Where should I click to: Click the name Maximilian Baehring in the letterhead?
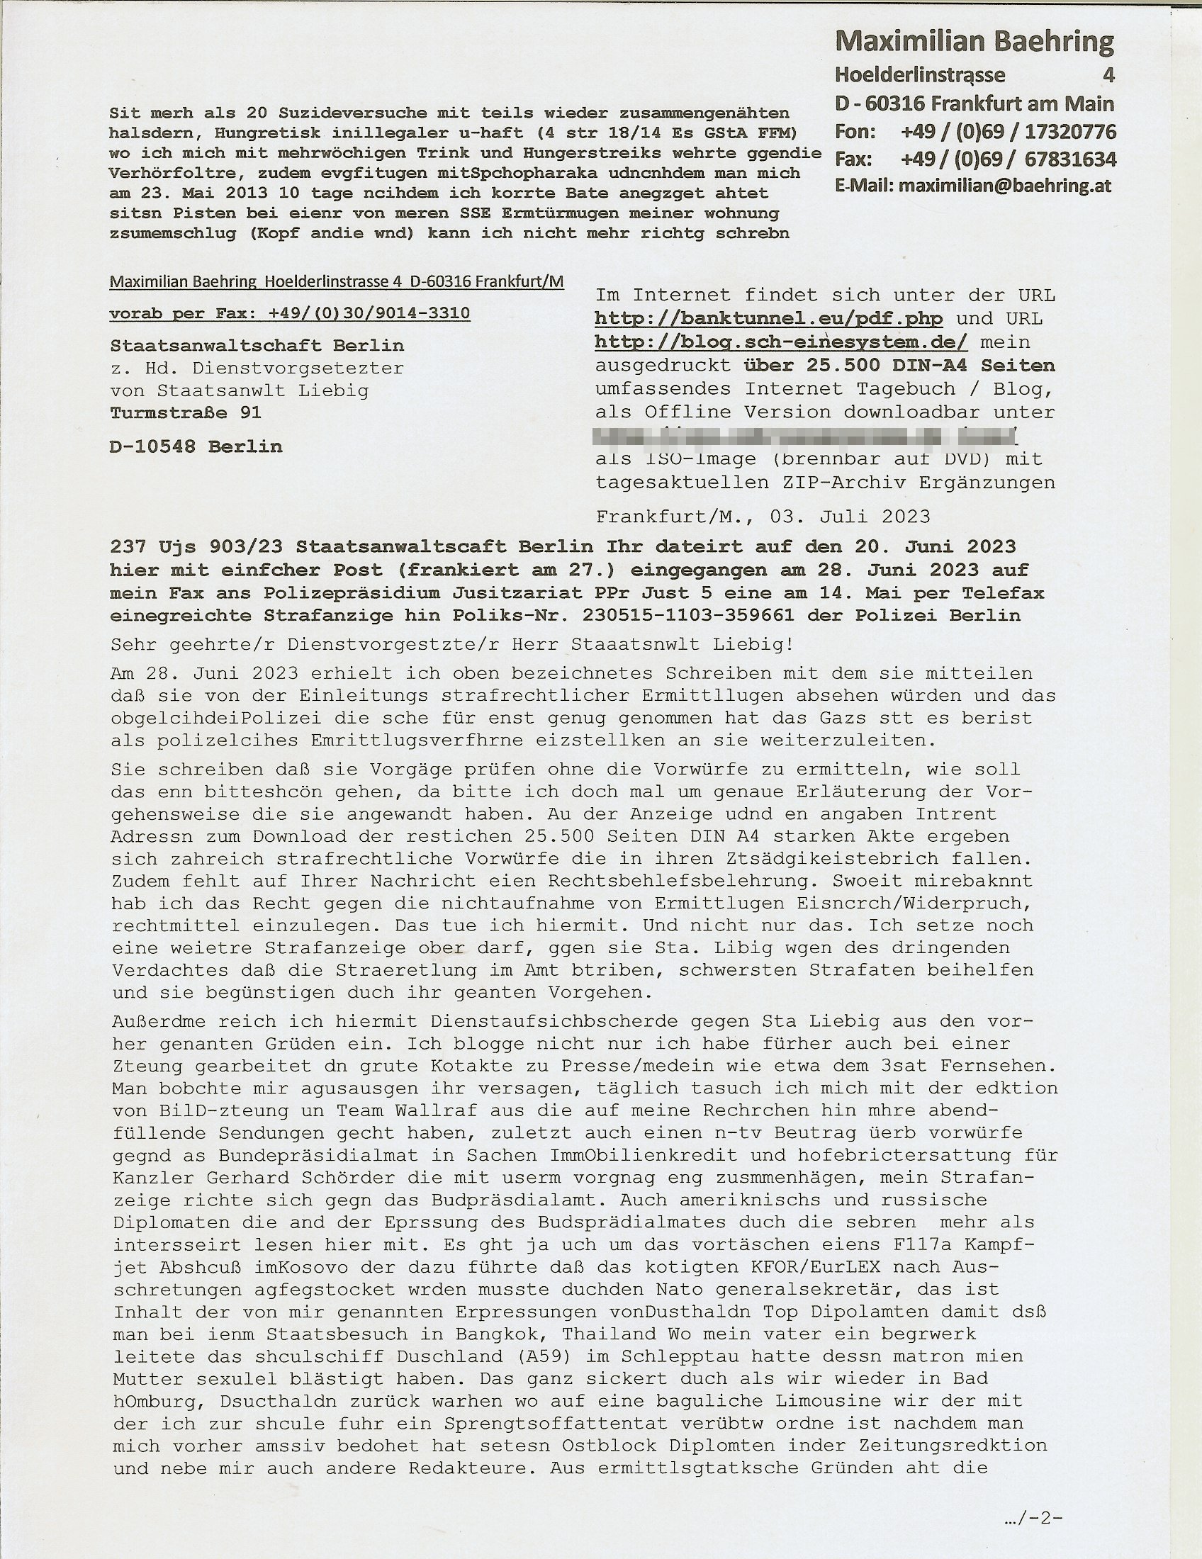[974, 42]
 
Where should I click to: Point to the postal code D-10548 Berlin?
[196, 447]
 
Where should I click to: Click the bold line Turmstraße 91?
[186, 412]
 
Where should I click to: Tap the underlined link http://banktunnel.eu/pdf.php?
[768, 318]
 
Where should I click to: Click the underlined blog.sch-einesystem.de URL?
[781, 343]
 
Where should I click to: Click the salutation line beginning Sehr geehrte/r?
[451, 646]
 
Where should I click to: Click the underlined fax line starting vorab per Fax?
[289, 313]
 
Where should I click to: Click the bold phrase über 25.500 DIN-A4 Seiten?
[899, 366]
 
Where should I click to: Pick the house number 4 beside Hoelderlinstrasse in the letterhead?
[1108, 75]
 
